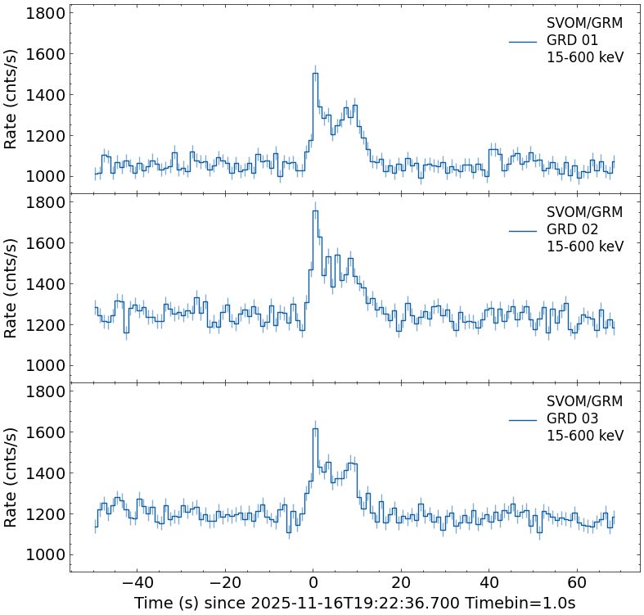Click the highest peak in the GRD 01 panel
(315, 74)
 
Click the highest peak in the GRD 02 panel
(315, 211)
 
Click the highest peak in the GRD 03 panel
(315, 429)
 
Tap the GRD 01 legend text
(572, 40)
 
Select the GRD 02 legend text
(572, 229)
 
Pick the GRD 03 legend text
(572, 418)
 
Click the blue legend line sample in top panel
(522, 41)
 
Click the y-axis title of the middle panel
(11, 288)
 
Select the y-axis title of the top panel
(11, 98)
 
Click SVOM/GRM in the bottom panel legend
(584, 401)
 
